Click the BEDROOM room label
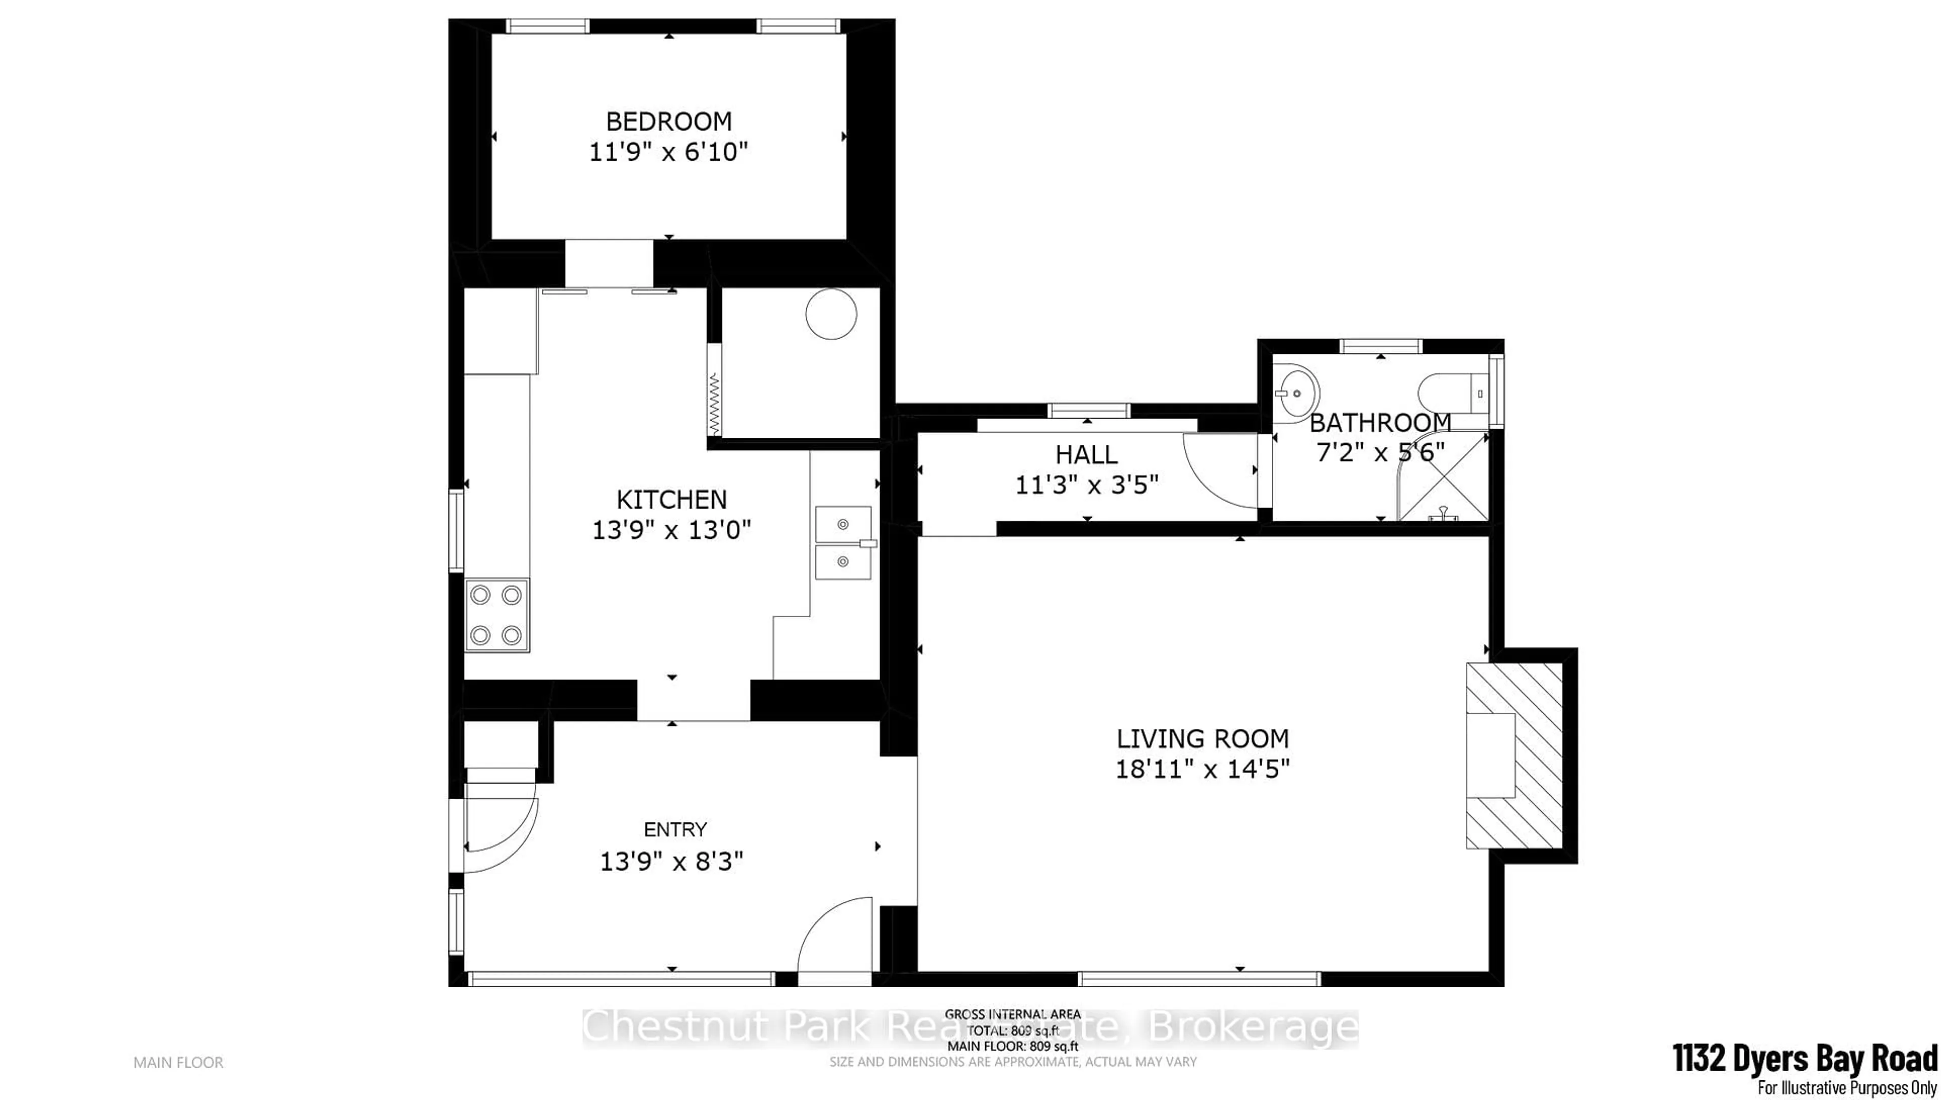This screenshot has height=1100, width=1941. point(668,121)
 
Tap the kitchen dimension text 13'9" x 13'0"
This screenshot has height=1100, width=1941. point(671,530)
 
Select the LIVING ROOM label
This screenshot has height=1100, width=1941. point(1203,738)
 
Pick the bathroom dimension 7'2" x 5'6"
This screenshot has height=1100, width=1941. point(1380,452)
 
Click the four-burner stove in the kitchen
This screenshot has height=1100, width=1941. point(496,615)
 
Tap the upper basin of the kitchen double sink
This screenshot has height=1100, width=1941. point(843,524)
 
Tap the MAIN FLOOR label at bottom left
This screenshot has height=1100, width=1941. point(178,1062)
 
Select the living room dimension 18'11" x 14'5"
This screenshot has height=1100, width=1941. point(1203,769)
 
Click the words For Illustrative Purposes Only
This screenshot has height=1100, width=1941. point(1846,1088)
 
